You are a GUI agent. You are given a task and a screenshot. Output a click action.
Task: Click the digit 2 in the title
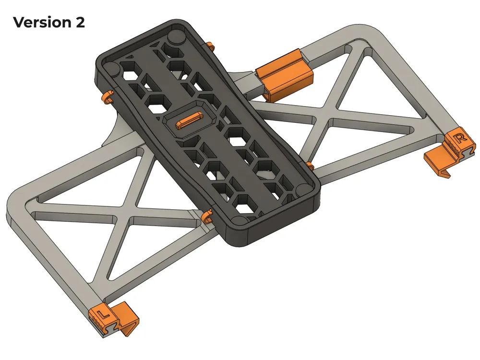tap(80, 22)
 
